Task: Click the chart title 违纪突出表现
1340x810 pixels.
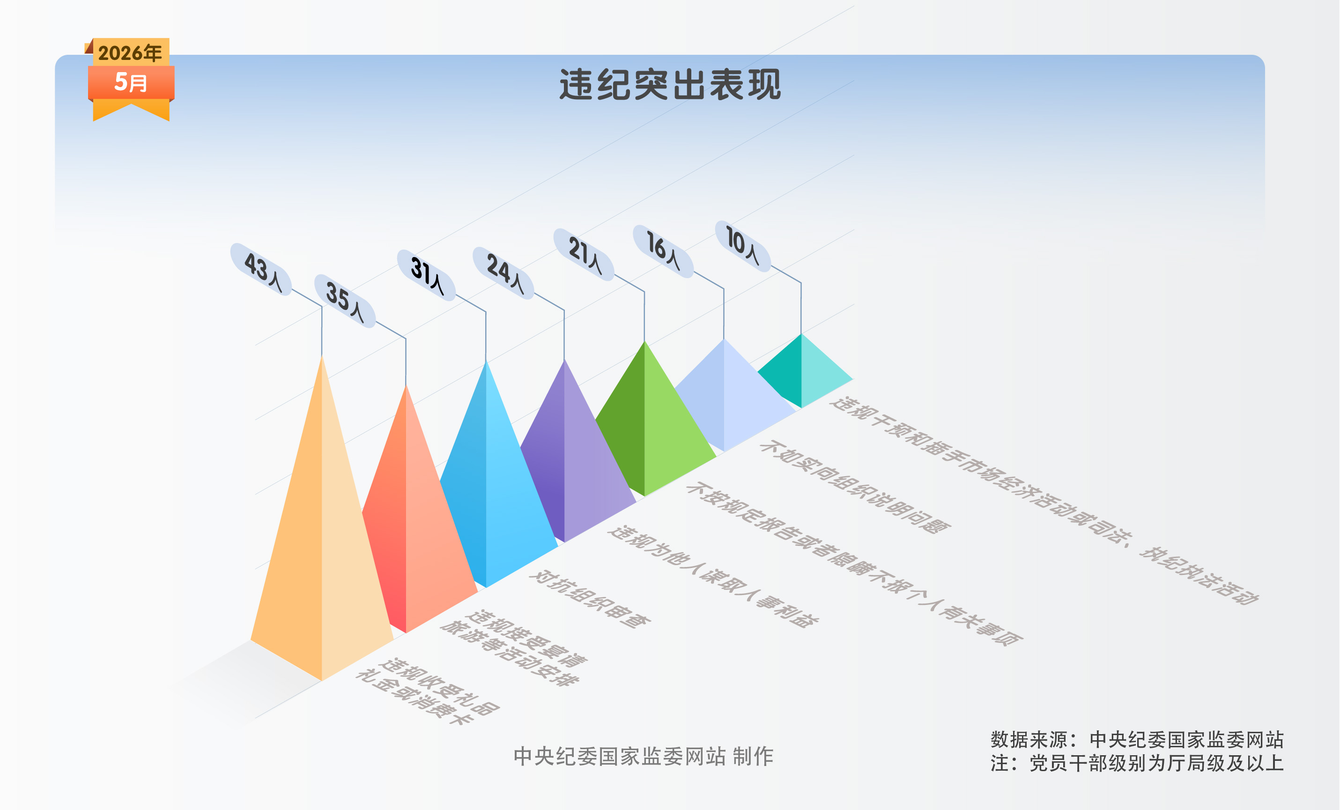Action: point(670,84)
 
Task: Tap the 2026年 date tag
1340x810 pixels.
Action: point(131,53)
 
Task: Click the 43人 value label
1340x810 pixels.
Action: point(261,270)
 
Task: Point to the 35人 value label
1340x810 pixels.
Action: point(345,301)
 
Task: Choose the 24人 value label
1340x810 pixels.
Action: point(503,272)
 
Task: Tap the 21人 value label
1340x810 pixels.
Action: point(584,254)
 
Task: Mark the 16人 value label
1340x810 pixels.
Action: point(663,250)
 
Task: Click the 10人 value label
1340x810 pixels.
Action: point(743,246)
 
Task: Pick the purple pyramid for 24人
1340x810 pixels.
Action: point(571,462)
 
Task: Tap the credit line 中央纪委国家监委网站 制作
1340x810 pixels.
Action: point(644,756)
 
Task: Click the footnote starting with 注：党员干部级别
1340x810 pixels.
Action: point(1137,763)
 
